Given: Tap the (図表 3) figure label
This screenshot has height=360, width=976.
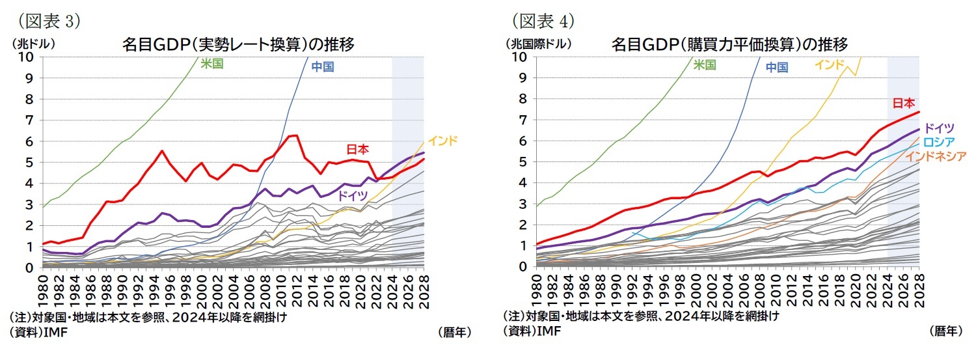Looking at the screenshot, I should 45,21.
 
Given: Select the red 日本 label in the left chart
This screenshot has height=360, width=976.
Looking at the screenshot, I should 357,149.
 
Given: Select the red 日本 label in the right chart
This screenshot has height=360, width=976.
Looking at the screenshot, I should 904,103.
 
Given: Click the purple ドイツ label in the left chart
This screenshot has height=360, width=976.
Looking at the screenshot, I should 352,195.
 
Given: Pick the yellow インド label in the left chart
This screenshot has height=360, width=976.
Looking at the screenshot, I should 443,140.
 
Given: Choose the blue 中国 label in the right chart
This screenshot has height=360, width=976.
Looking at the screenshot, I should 776,66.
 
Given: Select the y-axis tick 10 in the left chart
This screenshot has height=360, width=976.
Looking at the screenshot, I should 26,57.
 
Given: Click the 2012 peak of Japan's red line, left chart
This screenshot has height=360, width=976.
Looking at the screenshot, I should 296,135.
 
